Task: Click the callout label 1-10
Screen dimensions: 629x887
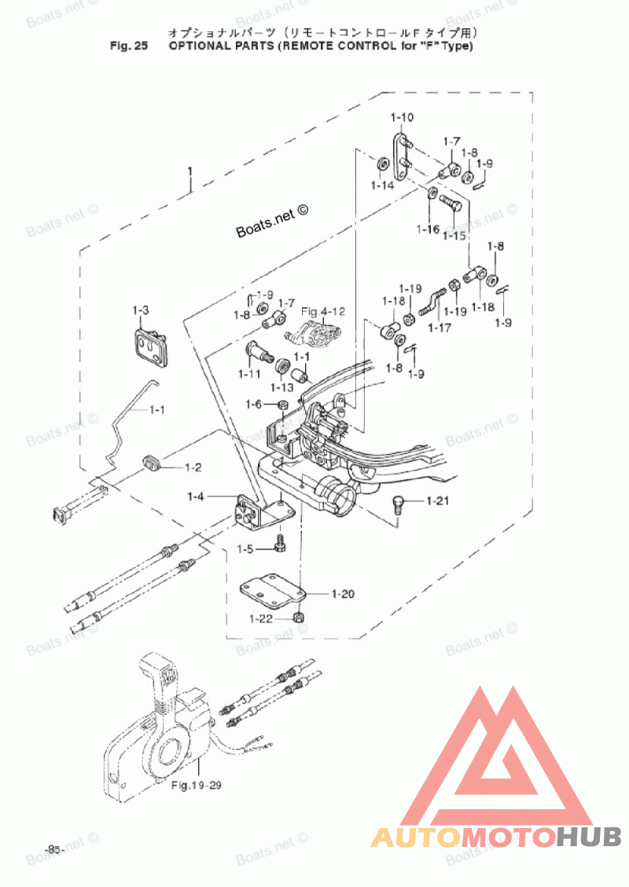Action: click(x=402, y=118)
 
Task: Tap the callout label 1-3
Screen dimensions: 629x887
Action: click(x=141, y=310)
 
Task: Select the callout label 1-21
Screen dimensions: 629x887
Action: click(x=438, y=500)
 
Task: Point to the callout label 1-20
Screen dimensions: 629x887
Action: click(x=343, y=594)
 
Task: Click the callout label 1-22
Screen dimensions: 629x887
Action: click(x=261, y=619)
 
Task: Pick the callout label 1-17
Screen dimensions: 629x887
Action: click(x=440, y=328)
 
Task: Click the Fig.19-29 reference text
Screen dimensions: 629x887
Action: click(x=197, y=785)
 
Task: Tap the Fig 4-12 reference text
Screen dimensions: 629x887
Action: click(x=323, y=312)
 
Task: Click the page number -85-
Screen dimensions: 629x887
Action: click(x=54, y=850)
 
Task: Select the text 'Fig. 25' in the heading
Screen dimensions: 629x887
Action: click(x=129, y=46)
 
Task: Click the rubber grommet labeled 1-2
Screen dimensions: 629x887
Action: click(x=152, y=460)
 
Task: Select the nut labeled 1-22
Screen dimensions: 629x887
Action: click(x=300, y=616)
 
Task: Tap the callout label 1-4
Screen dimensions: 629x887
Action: click(x=195, y=497)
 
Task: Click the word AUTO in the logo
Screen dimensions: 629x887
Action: click(x=416, y=838)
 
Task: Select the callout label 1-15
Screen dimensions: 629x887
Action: click(x=454, y=236)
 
